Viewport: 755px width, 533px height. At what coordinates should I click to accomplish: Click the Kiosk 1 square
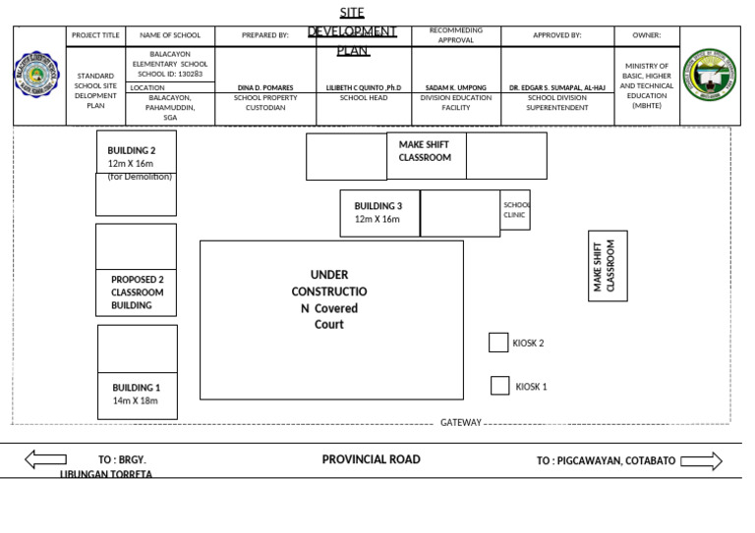[x=499, y=386]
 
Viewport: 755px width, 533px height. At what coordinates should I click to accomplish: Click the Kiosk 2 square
[x=498, y=343]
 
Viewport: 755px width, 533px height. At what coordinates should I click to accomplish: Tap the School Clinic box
[x=515, y=210]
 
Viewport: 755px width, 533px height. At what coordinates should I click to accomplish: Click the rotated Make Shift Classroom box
[x=608, y=266]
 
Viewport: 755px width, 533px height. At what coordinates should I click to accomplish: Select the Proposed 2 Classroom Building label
[x=137, y=293]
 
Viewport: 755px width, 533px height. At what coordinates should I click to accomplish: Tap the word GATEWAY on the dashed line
[x=461, y=423]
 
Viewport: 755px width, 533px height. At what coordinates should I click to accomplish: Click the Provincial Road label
[x=371, y=459]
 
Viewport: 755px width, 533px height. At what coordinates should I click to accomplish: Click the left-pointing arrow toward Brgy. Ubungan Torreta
[x=45, y=458]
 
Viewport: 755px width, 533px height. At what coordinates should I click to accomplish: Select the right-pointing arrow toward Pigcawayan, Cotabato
[x=701, y=460]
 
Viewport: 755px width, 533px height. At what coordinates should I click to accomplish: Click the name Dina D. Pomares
[x=265, y=87]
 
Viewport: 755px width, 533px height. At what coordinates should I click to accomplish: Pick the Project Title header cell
[x=95, y=35]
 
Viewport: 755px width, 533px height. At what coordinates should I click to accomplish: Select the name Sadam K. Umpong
[x=456, y=87]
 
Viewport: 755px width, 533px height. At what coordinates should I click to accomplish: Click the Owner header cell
[x=647, y=35]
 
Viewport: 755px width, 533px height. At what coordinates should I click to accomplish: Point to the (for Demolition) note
[x=140, y=178]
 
